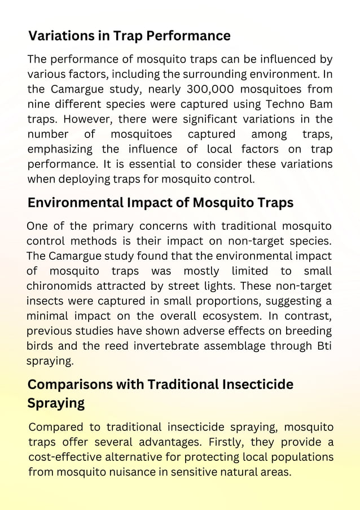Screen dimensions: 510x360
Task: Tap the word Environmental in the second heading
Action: click(76, 202)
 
